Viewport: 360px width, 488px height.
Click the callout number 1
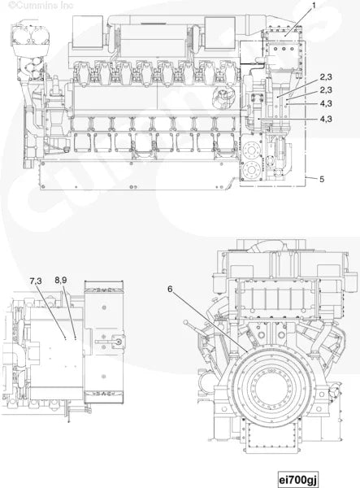coord(314,6)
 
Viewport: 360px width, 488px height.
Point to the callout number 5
coord(322,178)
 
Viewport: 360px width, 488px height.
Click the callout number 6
coord(171,288)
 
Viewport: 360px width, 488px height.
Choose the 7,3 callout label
coord(37,281)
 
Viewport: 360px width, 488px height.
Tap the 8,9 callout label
coord(62,281)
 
